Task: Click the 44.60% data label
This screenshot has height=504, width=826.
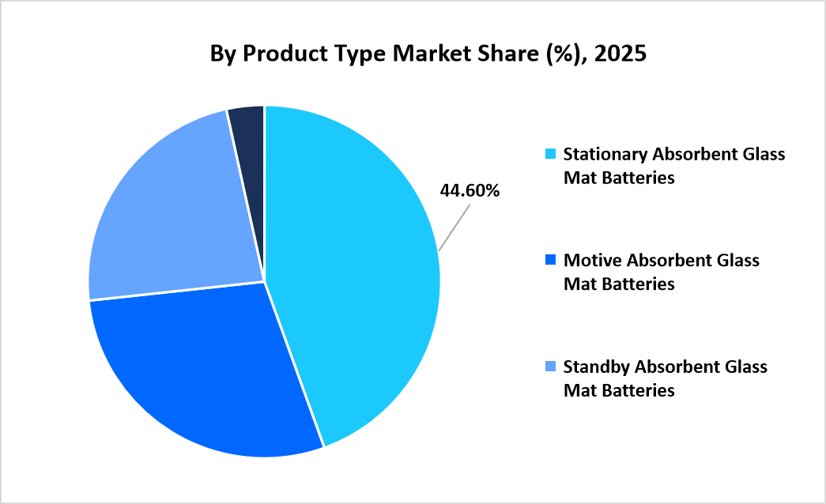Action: pyautogui.click(x=470, y=190)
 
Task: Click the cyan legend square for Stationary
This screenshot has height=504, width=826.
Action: pyautogui.click(x=551, y=153)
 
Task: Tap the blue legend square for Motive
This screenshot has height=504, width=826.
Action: pyautogui.click(x=551, y=259)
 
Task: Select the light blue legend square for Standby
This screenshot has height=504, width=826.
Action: pyautogui.click(x=551, y=367)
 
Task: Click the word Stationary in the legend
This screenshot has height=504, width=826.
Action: pyautogui.click(x=602, y=153)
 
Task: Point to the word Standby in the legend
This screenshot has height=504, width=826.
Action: pyautogui.click(x=594, y=367)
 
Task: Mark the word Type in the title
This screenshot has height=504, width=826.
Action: pyautogui.click(x=345, y=54)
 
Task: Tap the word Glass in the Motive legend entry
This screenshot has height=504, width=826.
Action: pyautogui.click(x=736, y=260)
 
